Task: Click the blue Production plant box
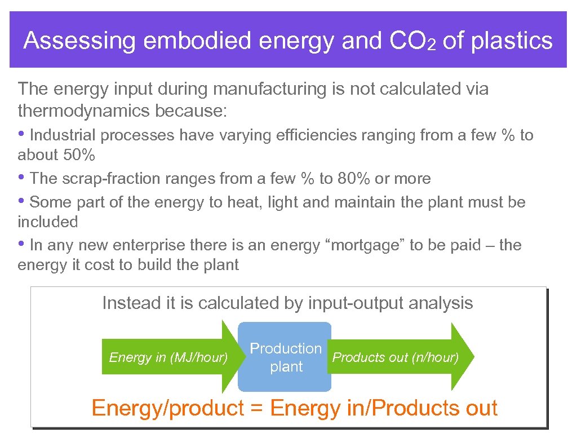[285, 357]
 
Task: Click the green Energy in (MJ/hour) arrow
[168, 357]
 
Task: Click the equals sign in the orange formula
[256, 408]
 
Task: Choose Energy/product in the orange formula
[167, 408]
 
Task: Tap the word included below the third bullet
[48, 222]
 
